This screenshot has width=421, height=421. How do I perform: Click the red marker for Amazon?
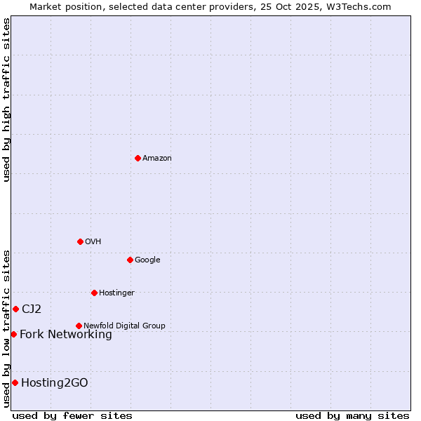coord(138,158)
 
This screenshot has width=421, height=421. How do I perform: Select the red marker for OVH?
coord(80,241)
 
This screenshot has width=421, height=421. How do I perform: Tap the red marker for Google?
coord(130,260)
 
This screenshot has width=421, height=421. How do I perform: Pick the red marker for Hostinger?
coord(94,293)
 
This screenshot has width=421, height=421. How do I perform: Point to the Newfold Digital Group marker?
coord(79,326)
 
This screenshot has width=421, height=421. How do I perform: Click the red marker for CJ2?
coord(15,309)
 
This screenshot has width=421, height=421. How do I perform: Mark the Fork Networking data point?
coord(13,334)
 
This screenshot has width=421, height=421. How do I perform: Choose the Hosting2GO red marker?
coord(15,382)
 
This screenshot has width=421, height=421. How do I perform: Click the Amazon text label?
coord(156,158)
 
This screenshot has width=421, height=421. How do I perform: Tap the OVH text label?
coord(93,241)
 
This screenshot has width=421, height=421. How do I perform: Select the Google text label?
coord(147,260)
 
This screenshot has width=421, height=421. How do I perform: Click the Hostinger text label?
coord(116,293)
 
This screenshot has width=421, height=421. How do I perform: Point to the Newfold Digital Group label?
coord(124,326)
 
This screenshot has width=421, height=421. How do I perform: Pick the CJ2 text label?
coord(32,309)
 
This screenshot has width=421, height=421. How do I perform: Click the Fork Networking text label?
coord(66,334)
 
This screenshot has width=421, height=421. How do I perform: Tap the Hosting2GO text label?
coord(55,382)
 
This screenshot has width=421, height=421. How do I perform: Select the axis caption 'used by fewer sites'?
coord(72,415)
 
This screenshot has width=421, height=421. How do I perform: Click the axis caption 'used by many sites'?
coord(352,415)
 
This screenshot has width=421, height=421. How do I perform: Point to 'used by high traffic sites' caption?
coord(6,100)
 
